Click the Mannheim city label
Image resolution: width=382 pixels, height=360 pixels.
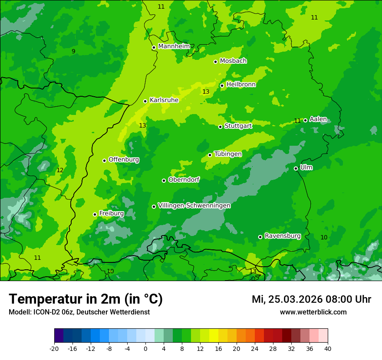coord(174,46)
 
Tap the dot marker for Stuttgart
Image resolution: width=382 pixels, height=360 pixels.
coord(220,127)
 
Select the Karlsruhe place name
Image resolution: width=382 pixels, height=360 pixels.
coord(164,100)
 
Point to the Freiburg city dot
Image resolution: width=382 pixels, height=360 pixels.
coord(95,214)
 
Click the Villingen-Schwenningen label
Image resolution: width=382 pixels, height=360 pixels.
coord(194,206)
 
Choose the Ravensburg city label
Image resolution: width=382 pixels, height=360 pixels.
coord(283,236)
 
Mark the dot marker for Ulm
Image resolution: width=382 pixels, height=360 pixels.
coord(296,168)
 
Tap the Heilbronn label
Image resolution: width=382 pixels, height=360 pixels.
coord(241,85)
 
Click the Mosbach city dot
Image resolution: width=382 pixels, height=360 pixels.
coord(215,62)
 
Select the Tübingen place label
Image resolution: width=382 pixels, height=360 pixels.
coord(228,154)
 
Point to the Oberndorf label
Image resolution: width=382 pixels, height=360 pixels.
coord(184,180)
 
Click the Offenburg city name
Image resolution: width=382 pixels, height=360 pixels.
coord(124,160)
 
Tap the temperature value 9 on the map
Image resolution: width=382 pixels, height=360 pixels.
coord(73,51)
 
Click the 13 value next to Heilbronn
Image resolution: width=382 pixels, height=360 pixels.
coord(206,92)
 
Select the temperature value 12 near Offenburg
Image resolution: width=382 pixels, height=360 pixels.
coord(60,170)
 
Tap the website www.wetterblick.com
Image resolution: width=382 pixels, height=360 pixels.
coord(313,312)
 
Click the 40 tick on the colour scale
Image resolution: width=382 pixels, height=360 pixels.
coord(328,348)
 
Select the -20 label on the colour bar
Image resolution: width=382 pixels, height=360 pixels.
coord(54,348)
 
